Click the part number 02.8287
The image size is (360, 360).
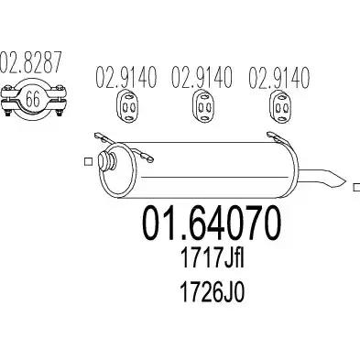tap(30, 63)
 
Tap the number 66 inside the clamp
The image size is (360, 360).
tap(32, 98)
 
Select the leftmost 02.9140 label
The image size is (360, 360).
tap(126, 77)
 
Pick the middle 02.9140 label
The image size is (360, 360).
tap(202, 77)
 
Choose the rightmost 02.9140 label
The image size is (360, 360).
tap(279, 77)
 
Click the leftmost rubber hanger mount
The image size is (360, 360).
tap(127, 107)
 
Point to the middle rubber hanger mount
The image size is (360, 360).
tap(204, 107)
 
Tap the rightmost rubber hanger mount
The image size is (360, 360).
tap(281, 107)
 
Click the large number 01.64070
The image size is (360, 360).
tap(212, 223)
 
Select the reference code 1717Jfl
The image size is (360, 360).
tap(213, 258)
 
